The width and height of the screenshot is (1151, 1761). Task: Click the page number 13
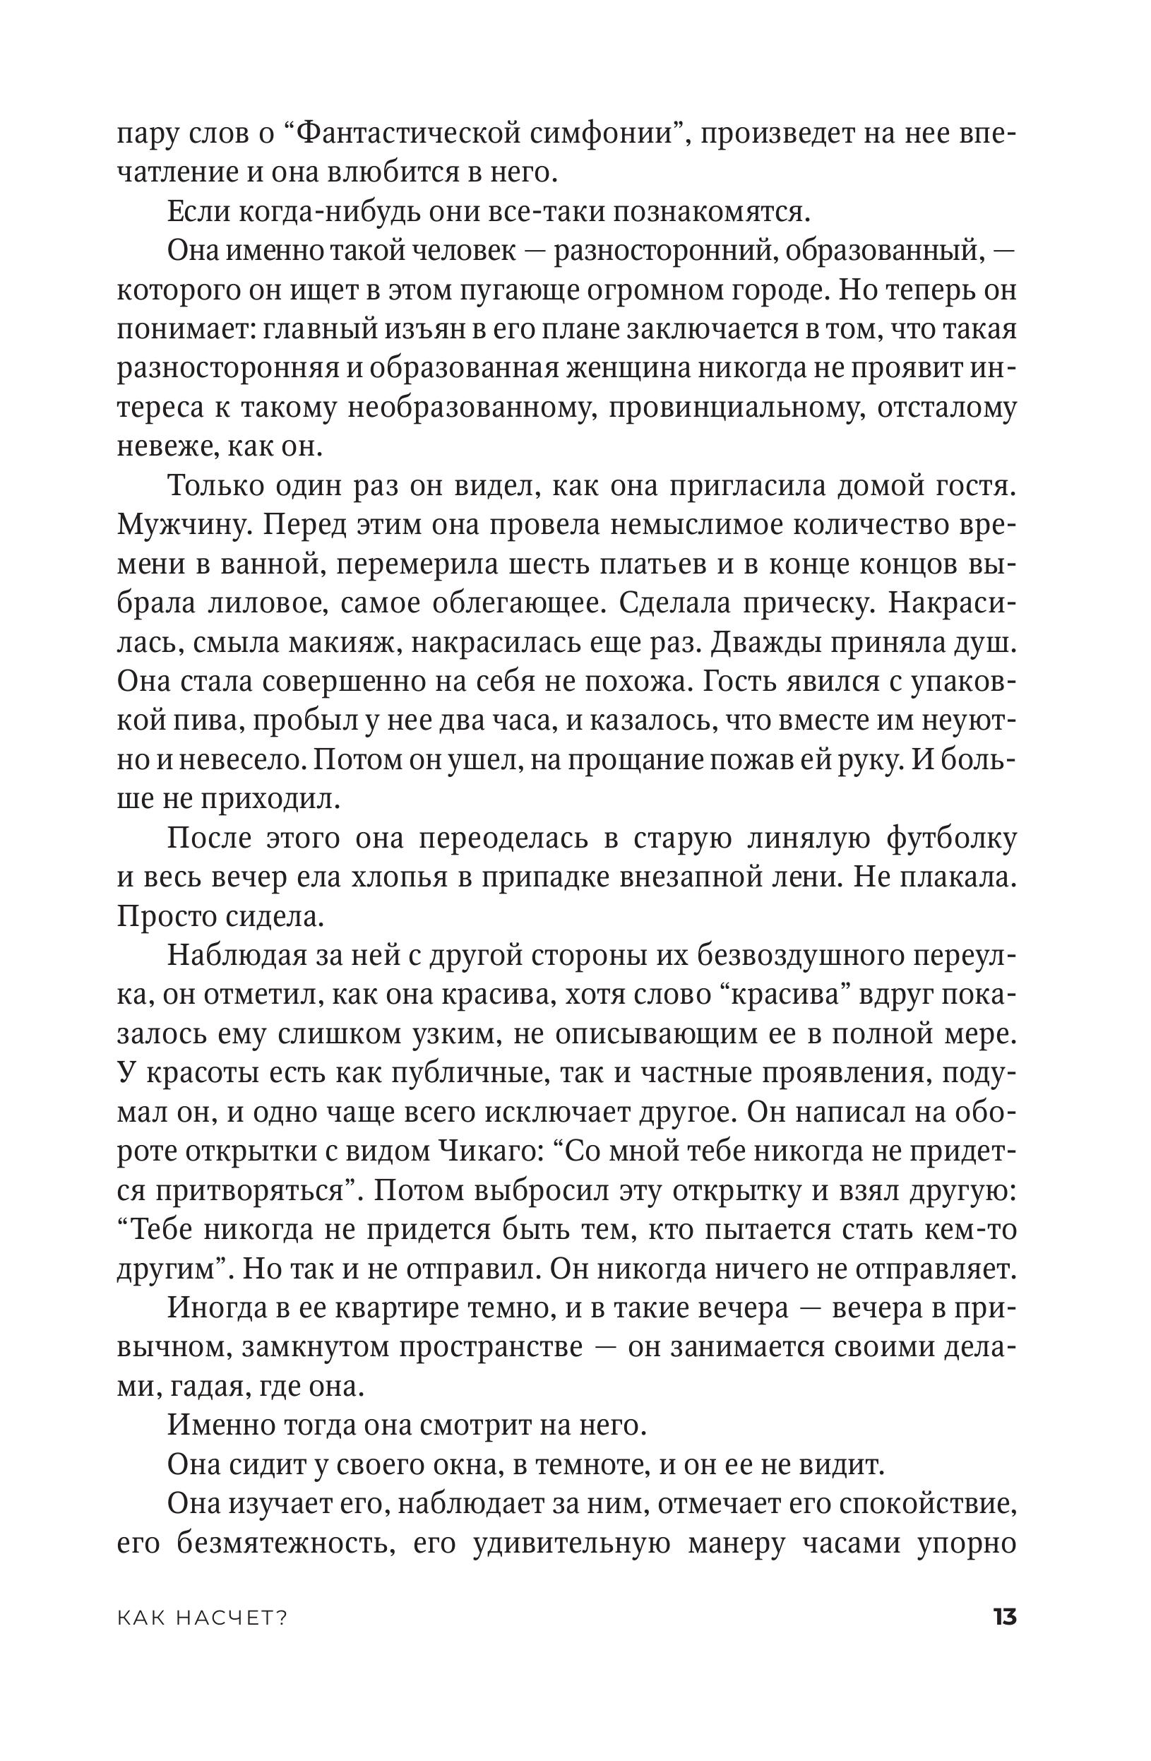point(1006,1617)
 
